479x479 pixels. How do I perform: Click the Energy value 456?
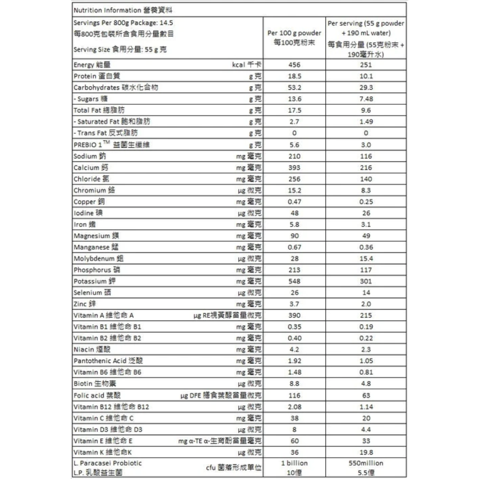[x=294, y=65]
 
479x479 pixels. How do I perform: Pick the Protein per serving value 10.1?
[x=366, y=76]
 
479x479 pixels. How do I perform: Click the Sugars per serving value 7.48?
[x=366, y=99]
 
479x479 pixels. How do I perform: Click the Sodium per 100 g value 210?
[x=294, y=156]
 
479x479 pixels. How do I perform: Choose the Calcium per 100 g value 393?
[x=294, y=168]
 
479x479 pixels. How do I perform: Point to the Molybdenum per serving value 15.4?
[x=366, y=259]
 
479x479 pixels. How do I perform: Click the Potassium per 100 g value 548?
[x=294, y=281]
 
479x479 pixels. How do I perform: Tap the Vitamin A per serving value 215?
[x=366, y=315]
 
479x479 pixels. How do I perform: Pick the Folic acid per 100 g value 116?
[x=294, y=395]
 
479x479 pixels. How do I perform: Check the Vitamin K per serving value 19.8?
[x=366, y=452]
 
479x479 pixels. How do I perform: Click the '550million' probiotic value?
[x=366, y=463]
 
